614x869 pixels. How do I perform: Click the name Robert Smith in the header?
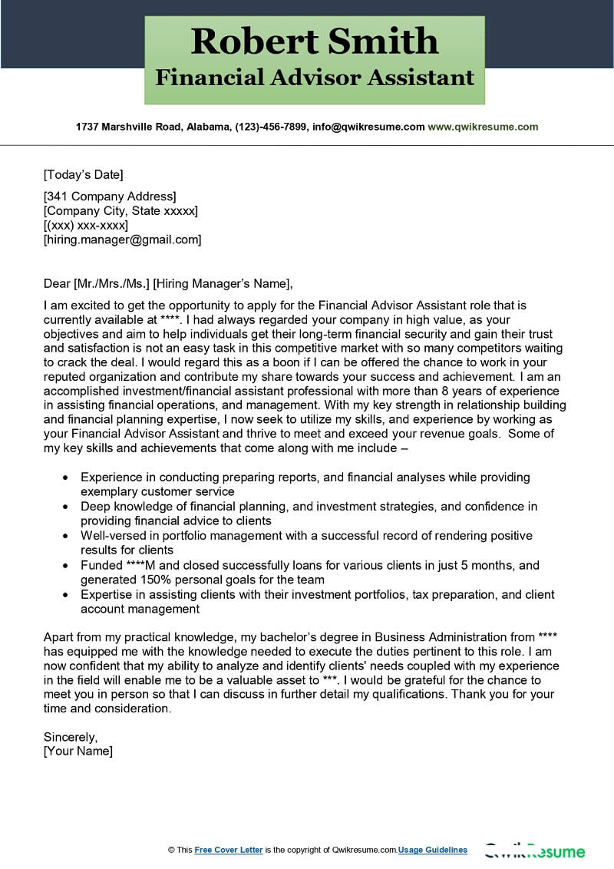tap(315, 40)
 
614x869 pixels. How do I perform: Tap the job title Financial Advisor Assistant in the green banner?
tap(315, 78)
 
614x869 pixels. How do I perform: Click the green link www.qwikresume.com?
tap(483, 127)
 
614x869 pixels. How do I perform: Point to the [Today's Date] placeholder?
tap(83, 174)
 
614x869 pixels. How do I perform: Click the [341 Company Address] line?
tap(110, 197)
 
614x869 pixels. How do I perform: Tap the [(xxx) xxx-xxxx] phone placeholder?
tap(86, 225)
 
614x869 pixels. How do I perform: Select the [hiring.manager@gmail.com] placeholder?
tap(122, 240)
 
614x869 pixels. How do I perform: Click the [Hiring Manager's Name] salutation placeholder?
tap(223, 283)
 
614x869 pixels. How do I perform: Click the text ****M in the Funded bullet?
tap(143, 565)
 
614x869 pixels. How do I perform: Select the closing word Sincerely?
tap(70, 736)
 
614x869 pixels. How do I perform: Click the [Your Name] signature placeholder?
tap(78, 751)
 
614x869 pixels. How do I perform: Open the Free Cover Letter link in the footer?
tap(229, 850)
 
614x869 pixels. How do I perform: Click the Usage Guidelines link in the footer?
tap(432, 850)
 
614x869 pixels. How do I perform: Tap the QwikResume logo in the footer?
tap(534, 851)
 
